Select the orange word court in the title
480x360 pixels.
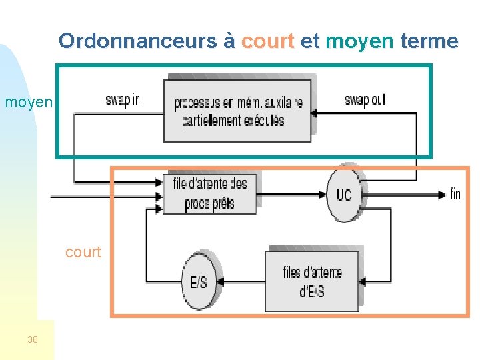(x=267, y=41)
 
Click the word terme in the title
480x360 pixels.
(x=429, y=41)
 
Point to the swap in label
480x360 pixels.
(x=123, y=100)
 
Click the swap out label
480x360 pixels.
(x=365, y=100)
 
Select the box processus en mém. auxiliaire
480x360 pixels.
(x=237, y=111)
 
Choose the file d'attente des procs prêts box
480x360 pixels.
(x=210, y=193)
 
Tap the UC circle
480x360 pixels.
(x=343, y=194)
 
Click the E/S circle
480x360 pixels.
(x=199, y=281)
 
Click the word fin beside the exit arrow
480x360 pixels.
(x=455, y=194)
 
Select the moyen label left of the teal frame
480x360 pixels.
(x=28, y=102)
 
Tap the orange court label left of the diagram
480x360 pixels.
(x=83, y=252)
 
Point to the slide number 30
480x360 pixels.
(x=33, y=340)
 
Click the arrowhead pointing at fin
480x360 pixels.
(x=441, y=194)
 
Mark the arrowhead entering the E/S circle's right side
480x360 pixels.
(x=221, y=281)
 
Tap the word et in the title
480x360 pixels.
(x=310, y=41)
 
